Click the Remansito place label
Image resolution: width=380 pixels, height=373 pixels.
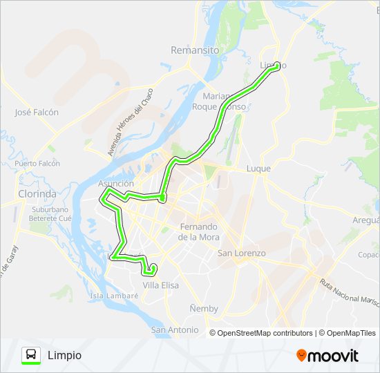click(195, 50)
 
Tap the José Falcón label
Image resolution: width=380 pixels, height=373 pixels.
click(37, 112)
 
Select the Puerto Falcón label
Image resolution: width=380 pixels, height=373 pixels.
click(37, 164)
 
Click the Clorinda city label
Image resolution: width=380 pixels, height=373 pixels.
click(37, 194)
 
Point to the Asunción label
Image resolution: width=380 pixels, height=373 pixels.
click(115, 183)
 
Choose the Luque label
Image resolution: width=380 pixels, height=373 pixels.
click(258, 169)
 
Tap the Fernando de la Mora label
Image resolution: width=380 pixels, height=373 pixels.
click(198, 231)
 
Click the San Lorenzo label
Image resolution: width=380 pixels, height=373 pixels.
click(242, 254)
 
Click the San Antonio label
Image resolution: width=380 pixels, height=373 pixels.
click(175, 330)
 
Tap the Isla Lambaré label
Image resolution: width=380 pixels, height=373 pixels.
click(114, 296)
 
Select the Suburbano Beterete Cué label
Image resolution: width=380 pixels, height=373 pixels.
click(50, 213)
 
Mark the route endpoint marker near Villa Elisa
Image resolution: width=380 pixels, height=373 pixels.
click(153, 268)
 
